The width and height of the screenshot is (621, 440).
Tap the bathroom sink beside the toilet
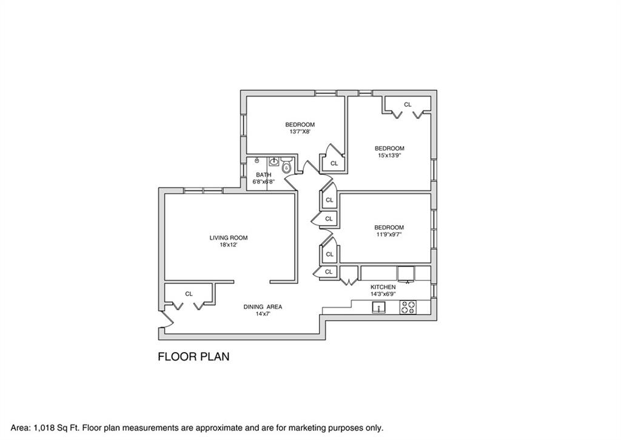274,161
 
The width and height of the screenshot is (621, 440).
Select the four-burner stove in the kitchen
408,308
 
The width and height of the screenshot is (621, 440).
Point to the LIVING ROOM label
229,238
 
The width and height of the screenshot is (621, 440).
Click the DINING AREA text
263,307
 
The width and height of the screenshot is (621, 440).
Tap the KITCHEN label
383,287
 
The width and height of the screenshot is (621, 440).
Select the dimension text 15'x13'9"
389,155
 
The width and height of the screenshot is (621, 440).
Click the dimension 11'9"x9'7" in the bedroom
389,234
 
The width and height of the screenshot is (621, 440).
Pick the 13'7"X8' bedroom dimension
302,131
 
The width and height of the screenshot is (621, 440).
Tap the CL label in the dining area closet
189,294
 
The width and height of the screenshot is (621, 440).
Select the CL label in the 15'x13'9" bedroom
408,104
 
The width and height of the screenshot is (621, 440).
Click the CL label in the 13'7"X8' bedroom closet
334,163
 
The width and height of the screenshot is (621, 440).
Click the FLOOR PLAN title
193,357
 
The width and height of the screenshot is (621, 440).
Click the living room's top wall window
203,191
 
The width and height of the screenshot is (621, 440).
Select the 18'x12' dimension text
229,245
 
